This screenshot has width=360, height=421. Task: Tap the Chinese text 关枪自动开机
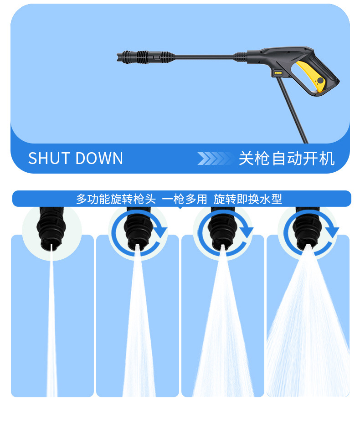pos(287,159)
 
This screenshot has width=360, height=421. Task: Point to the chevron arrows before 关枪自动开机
pos(214,159)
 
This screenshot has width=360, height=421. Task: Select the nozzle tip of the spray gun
pos(122,57)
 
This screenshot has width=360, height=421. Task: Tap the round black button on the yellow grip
pos(320,81)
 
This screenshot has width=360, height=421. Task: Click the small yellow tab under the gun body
pos(278,72)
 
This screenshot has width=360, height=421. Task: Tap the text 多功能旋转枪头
pos(116,199)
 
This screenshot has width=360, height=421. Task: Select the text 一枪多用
pos(185,199)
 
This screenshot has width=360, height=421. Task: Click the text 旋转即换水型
pos(248,199)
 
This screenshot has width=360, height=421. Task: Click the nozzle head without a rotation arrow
pos(52,226)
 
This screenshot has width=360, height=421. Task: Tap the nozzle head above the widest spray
pos(308,226)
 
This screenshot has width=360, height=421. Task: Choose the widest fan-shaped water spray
pos(308,333)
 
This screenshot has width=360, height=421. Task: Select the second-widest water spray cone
pos(223,333)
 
